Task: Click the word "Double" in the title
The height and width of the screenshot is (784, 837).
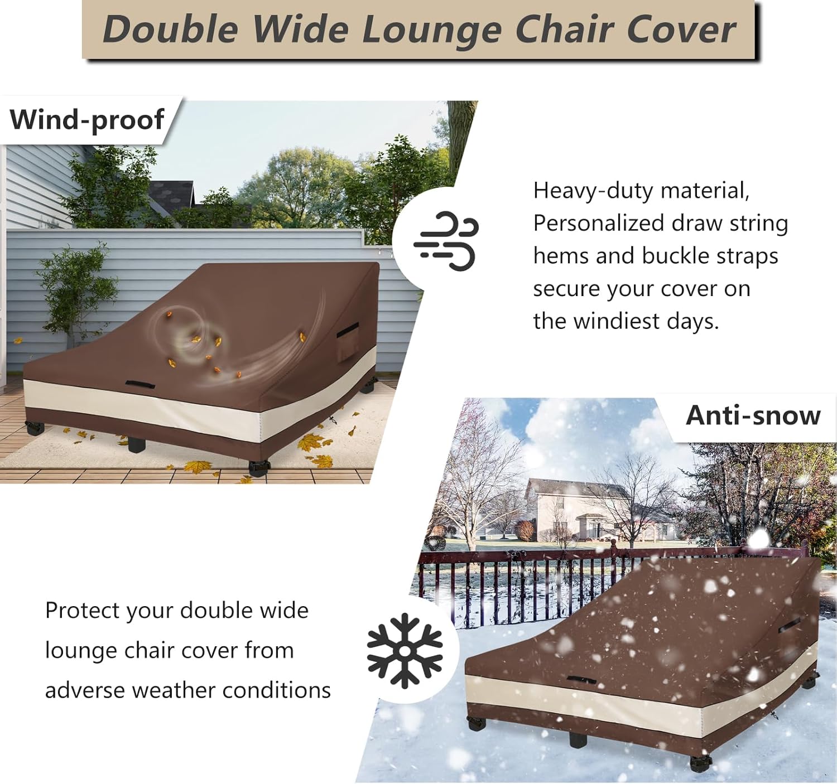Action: [170, 29]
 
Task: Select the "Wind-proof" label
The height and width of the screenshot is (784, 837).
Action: [87, 119]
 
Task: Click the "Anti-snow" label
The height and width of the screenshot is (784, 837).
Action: [753, 415]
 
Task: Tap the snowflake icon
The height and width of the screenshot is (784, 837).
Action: [405, 650]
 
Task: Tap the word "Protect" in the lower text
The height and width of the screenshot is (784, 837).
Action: [82, 611]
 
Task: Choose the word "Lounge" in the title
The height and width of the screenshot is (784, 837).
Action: [432, 29]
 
